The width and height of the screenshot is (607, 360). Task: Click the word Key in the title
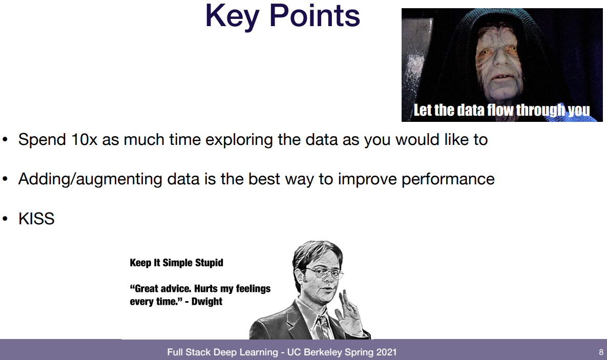tap(232, 16)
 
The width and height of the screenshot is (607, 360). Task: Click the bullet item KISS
tap(36, 219)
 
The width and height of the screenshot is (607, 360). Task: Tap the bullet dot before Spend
tap(5, 140)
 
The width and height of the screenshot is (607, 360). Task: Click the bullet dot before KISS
tap(5, 219)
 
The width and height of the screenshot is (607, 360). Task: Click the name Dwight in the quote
tap(207, 302)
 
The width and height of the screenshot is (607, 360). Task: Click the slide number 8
tap(601, 352)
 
